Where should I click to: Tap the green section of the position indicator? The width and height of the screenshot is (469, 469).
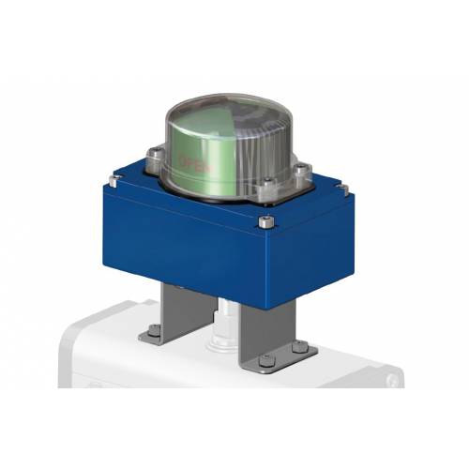coord(202,150)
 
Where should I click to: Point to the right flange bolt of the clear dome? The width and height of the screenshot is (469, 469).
coord(301,172)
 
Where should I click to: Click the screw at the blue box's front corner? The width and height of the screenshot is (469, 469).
coord(265,222)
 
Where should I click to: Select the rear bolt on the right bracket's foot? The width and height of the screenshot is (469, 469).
coord(297,346)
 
